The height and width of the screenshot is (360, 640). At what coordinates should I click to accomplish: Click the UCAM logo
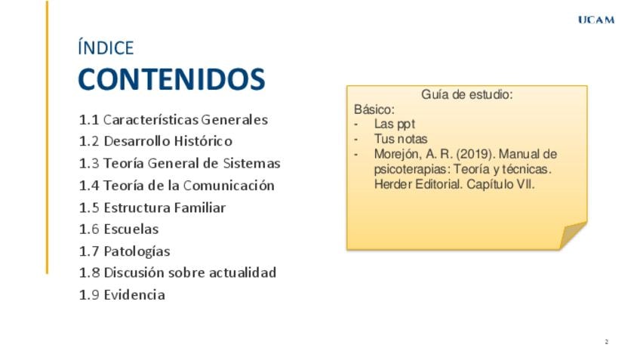coord(596,20)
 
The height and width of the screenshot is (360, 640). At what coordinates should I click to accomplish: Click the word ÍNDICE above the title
coord(106,48)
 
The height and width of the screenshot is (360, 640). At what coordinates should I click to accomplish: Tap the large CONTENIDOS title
coord(171,79)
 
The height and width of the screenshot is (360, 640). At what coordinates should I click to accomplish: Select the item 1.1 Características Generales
coord(174,119)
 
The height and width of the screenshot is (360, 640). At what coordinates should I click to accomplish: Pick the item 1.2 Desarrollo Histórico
coord(155,141)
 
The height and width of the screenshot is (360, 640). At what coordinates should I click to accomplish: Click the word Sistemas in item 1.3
coord(251,163)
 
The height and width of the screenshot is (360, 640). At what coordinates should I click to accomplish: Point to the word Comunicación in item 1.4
coord(229,186)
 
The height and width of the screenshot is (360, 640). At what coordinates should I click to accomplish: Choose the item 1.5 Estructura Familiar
coord(152,208)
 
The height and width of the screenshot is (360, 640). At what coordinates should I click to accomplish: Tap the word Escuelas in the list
coord(131,229)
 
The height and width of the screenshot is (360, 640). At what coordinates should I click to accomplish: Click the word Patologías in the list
coord(137,251)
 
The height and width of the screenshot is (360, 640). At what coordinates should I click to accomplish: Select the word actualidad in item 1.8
coord(242,272)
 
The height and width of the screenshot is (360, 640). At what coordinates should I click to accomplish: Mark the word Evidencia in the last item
coord(134,294)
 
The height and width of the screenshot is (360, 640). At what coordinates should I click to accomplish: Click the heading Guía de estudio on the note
coord(467,94)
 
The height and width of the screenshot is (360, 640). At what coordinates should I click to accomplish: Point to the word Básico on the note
coord(374,109)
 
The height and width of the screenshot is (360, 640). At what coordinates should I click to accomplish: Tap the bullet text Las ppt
coord(395,124)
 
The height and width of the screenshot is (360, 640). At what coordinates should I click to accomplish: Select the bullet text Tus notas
coord(401,139)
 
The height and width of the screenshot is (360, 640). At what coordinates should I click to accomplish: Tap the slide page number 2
coord(607,342)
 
